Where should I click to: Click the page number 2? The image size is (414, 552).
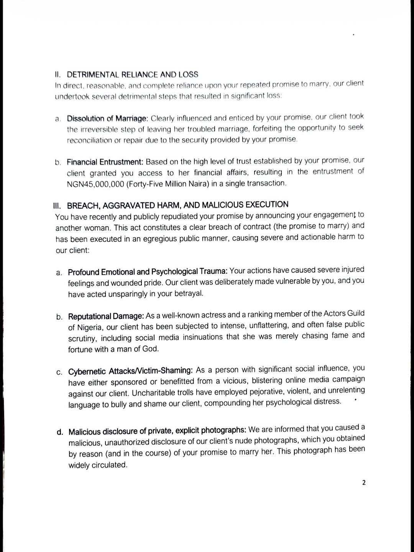click(x=364, y=483)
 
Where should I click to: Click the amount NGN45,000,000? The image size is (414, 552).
click(x=95, y=184)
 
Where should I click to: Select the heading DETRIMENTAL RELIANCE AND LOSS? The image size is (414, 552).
click(x=133, y=74)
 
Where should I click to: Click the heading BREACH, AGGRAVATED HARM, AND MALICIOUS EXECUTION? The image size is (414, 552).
click(x=178, y=205)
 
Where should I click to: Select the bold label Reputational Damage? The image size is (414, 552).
click(x=106, y=317)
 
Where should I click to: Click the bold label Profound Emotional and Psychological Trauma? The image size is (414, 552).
click(x=148, y=272)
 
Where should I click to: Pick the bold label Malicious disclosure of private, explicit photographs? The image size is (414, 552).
click(x=157, y=431)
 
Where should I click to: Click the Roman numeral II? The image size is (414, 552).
click(x=58, y=74)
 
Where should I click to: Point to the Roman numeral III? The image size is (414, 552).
click(x=58, y=206)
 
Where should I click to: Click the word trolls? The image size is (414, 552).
click(x=187, y=393)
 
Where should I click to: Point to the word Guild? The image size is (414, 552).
click(x=356, y=313)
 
